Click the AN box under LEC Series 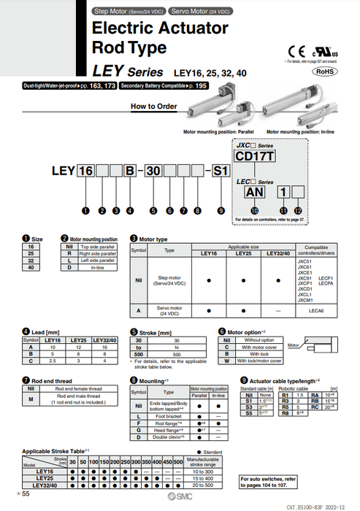click(x=255, y=191)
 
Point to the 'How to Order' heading click(x=153, y=107)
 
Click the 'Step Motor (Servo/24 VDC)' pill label click(x=129, y=12)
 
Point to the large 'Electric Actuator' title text click(x=159, y=29)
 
